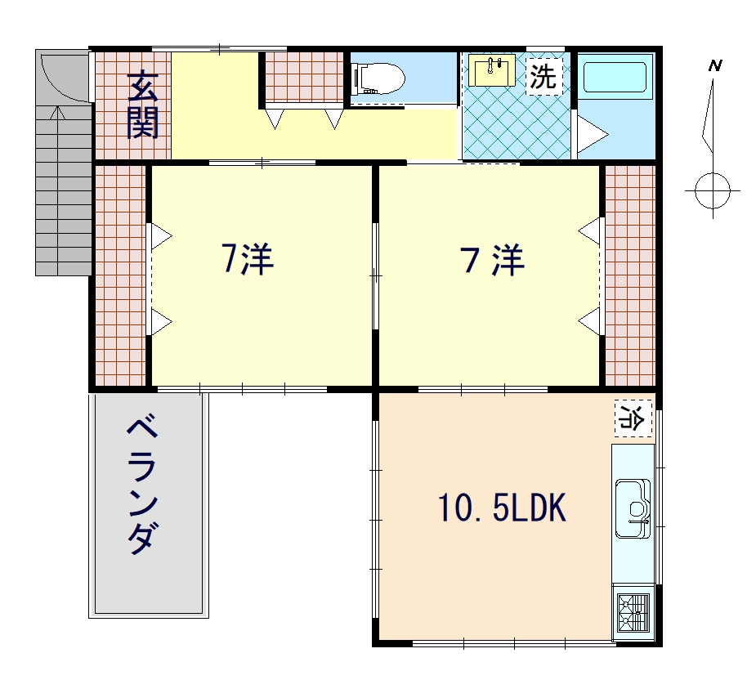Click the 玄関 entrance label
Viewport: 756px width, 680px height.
pyautogui.click(x=143, y=105)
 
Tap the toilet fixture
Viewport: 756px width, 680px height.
pyautogui.click(x=378, y=78)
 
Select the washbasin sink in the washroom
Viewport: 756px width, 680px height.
pyautogui.click(x=492, y=70)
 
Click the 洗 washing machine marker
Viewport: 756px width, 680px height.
pyautogui.click(x=544, y=76)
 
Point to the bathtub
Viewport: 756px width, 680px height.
pyautogui.click(x=615, y=77)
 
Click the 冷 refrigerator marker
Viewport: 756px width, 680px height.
pyautogui.click(x=633, y=418)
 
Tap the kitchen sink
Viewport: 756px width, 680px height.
pyautogui.click(x=633, y=508)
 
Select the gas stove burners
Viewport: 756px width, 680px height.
pyautogui.click(x=633, y=613)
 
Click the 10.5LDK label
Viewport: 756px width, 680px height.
pyautogui.click(x=502, y=508)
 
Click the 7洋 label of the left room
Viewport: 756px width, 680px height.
pyautogui.click(x=248, y=259)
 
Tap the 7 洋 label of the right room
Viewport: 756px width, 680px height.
pyautogui.click(x=493, y=260)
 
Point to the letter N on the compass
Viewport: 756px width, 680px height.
pyautogui.click(x=715, y=65)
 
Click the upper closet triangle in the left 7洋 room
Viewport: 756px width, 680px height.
pyautogui.click(x=162, y=236)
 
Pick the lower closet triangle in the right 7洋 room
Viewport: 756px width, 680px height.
pyautogui.click(x=588, y=321)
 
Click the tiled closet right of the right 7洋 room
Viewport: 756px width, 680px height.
pyautogui.click(x=630, y=275)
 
